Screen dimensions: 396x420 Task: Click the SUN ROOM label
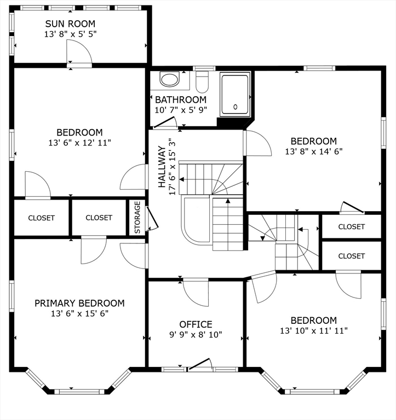tap(70, 24)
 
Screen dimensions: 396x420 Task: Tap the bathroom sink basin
tap(169, 79)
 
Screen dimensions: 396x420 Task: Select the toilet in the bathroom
tap(202, 81)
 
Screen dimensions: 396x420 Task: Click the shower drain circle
tap(236, 107)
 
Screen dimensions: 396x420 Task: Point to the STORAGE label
tap(137, 218)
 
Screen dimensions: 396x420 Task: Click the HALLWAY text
tap(162, 167)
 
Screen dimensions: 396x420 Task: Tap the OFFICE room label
tap(196, 324)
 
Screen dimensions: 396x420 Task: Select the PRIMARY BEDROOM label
tap(79, 303)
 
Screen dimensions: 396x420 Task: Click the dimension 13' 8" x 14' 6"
tap(314, 151)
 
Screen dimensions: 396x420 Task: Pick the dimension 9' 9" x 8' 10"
tap(196, 335)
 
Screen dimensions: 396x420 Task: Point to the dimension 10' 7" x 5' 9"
tap(181, 110)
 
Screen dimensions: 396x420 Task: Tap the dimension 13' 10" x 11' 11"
tap(314, 331)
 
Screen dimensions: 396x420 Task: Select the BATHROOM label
tap(181, 100)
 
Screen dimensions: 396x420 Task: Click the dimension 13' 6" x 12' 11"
tap(79, 143)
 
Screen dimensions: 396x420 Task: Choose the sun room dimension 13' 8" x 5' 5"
tap(70, 34)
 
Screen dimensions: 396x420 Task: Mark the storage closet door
tap(152, 218)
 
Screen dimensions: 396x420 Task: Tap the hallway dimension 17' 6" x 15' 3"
tap(172, 167)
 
